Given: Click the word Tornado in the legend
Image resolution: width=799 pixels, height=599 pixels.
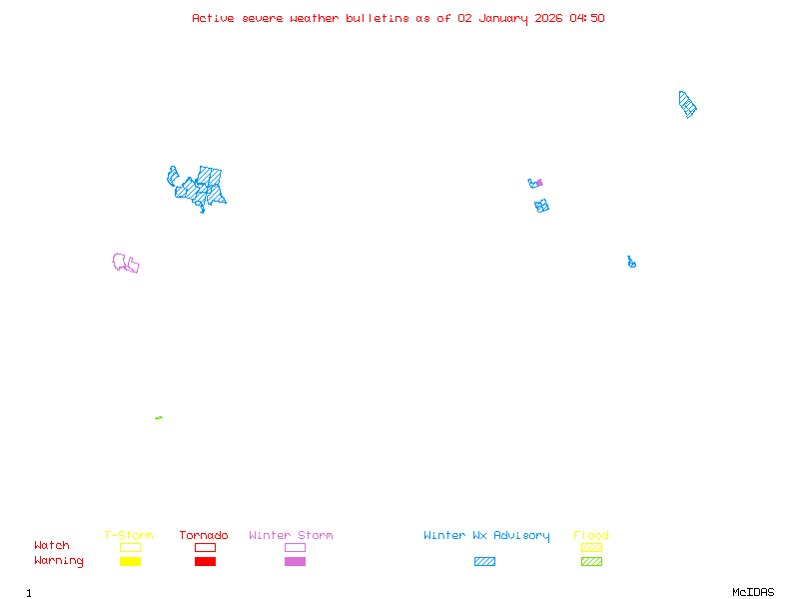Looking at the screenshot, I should pos(204,535).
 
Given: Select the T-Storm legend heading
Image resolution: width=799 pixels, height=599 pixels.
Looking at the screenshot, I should pos(129,535).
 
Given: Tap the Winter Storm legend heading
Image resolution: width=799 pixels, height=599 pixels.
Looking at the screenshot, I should pos(291,535).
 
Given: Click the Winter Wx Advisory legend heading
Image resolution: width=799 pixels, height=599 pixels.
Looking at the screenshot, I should pos(486,535).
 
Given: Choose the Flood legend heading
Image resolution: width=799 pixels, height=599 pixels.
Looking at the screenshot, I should pos(591,535).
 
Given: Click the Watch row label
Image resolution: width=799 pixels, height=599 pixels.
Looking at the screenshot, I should pos(52,546).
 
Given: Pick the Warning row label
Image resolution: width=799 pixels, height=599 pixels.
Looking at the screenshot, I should pos(58,561).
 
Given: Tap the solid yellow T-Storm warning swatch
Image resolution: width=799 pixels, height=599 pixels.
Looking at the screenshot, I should pos(130,561).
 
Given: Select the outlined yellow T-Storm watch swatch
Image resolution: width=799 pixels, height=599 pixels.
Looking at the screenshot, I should pos(130,547).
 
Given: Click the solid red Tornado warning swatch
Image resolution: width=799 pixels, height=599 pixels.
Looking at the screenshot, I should pos(205,561).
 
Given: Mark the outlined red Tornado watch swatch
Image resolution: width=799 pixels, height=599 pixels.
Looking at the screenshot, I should pos(205,547).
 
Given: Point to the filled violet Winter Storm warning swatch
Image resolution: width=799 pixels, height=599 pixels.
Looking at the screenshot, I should pos(295,561).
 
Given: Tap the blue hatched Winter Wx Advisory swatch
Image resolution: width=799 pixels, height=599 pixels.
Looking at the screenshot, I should pos(484,561).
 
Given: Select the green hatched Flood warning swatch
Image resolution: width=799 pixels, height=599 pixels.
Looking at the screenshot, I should pos(591,561).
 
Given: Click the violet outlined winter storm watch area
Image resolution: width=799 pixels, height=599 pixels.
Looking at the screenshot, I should pos(126,264).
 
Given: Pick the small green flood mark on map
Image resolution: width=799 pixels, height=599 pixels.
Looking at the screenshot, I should pos(159,417).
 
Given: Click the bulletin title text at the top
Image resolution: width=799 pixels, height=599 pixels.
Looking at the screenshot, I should pos(399,18).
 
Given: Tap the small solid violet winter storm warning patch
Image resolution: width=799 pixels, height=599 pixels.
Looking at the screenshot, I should pos(539,183).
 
